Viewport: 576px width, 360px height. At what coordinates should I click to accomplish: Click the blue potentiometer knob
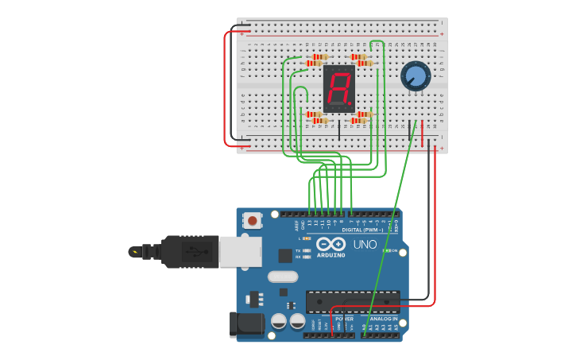[415, 76]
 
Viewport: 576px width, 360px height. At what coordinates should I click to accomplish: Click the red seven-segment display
[338, 88]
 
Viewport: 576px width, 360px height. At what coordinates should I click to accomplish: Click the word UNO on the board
[365, 244]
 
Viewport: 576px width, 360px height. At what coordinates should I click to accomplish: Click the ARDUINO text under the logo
[331, 255]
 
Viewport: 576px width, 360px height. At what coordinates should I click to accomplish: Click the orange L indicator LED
[307, 238]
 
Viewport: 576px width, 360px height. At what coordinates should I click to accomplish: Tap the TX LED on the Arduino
[307, 250]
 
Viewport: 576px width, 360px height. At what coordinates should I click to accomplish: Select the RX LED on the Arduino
[307, 257]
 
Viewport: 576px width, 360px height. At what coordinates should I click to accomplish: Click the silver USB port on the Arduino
[239, 252]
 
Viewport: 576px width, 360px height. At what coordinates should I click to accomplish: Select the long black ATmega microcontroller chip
[352, 302]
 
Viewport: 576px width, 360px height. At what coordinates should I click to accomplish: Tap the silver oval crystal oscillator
[282, 277]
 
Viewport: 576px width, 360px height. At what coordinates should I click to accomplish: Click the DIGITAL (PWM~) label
[362, 230]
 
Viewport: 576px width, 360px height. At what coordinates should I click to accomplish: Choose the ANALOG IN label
[383, 319]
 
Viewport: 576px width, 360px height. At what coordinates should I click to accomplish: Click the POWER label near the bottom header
[344, 319]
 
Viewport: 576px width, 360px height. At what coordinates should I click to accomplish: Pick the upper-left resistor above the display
[319, 57]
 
